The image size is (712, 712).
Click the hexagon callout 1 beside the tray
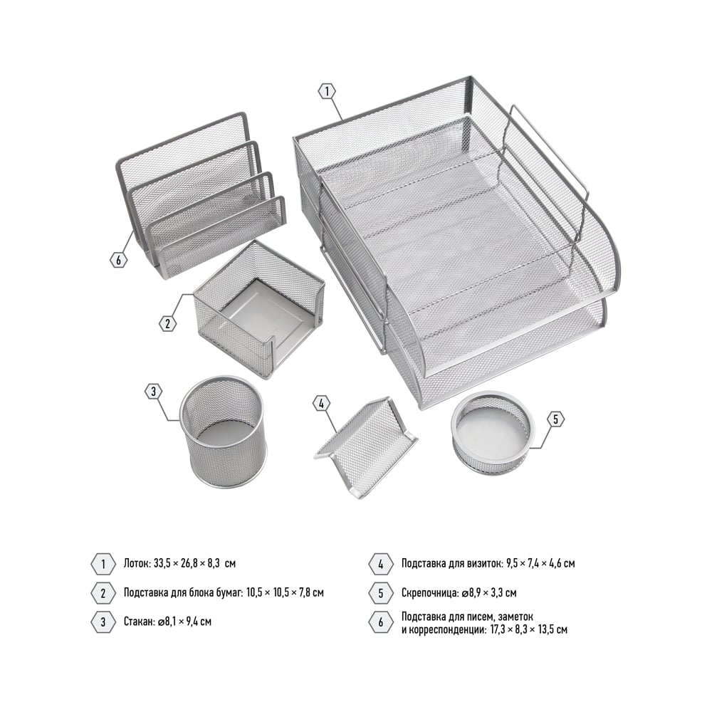tap(327, 92)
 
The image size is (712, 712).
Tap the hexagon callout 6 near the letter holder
tap(118, 260)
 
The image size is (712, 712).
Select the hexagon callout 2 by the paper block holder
tap(167, 324)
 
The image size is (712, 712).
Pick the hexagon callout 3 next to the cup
tap(154, 392)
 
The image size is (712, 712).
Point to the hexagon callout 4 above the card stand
tap(322, 403)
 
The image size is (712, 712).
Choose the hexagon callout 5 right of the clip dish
tap(556, 419)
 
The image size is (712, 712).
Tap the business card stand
tap(365, 446)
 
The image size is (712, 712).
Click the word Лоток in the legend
tap(137, 564)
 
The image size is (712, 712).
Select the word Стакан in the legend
tap(139, 621)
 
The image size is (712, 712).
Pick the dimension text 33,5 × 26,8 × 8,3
tap(187, 564)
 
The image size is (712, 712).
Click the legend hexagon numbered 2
tap(103, 593)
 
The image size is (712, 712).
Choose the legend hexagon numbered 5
tap(380, 593)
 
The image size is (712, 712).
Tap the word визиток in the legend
tap(486, 564)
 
